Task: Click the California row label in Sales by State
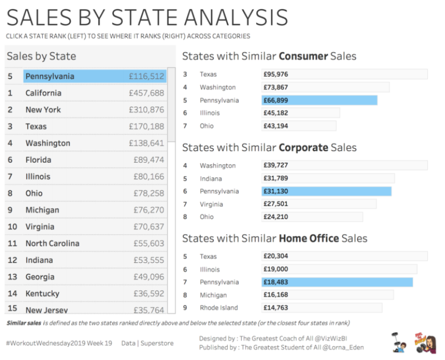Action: (43, 93)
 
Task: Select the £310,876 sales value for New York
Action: (146, 110)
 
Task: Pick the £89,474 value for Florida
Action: (148, 160)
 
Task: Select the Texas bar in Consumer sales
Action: (344, 74)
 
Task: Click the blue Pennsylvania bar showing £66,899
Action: (319, 101)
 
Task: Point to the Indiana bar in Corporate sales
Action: (328, 179)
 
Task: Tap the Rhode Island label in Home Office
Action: (219, 308)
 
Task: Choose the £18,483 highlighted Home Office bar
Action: (337, 282)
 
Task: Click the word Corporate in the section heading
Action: (303, 148)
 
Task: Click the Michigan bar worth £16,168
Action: (327, 295)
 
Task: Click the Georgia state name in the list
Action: (40, 277)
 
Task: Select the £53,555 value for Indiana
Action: (148, 261)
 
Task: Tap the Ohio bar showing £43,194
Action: (299, 126)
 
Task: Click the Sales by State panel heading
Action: (42, 56)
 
